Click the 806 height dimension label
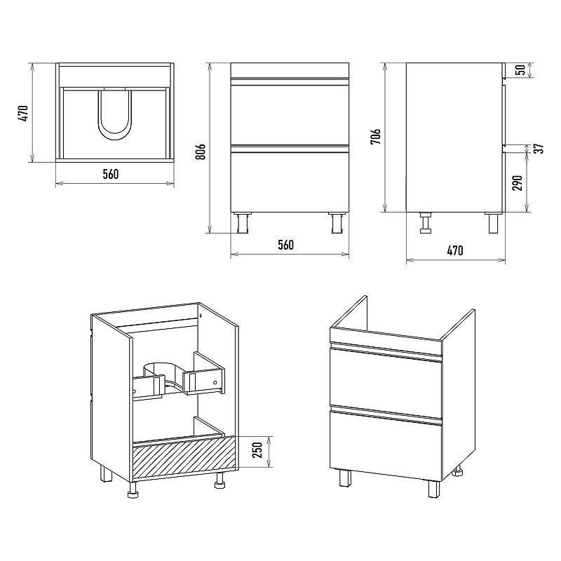click(x=201, y=151)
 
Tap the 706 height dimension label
click(x=376, y=137)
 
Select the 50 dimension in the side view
click(x=521, y=70)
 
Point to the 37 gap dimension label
click(x=540, y=149)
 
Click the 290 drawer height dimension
click(x=518, y=183)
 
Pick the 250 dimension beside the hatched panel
click(x=257, y=450)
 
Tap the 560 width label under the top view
click(x=111, y=174)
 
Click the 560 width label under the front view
click(x=285, y=245)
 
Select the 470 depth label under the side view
click(x=455, y=250)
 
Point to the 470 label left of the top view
click(x=23, y=113)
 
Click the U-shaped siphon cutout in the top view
click(x=114, y=114)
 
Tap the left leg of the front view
click(x=243, y=222)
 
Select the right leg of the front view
click(x=337, y=222)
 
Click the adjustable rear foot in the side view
click(x=426, y=222)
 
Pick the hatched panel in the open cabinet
click(x=184, y=457)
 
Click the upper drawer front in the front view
click(x=290, y=114)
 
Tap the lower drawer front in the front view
click(x=290, y=182)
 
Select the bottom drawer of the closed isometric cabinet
click(x=386, y=446)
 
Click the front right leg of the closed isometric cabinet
click(x=434, y=489)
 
